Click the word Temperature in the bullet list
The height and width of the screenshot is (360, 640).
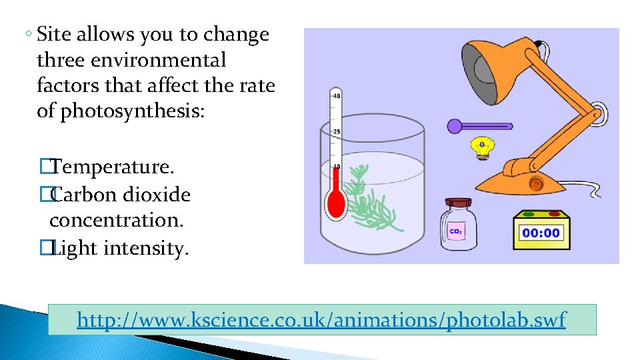(x=112, y=167)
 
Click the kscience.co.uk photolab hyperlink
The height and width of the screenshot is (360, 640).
(x=321, y=320)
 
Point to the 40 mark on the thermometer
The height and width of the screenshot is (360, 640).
(x=336, y=96)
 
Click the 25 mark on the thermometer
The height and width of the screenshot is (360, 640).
(x=336, y=132)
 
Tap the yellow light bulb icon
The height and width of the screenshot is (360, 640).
(x=481, y=148)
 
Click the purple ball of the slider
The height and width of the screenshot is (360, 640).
(x=455, y=126)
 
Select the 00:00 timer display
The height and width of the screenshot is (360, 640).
(x=541, y=233)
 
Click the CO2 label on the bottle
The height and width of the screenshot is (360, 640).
(x=456, y=232)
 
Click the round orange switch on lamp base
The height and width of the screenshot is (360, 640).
(x=535, y=183)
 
